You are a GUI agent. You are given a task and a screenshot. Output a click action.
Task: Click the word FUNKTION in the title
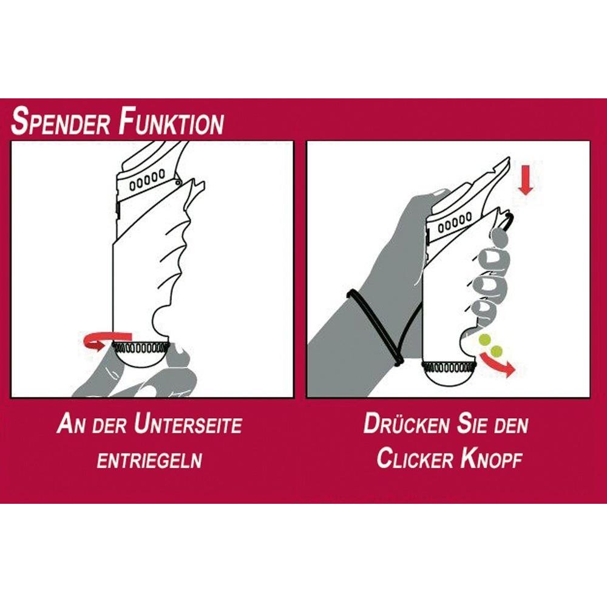(171, 123)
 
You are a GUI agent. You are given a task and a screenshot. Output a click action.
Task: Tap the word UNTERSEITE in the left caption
(188, 424)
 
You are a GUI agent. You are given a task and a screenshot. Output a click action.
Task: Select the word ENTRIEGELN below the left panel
(149, 460)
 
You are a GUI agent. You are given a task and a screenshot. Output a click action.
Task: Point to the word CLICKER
(414, 459)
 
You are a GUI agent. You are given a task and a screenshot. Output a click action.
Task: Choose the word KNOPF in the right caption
(492, 459)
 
